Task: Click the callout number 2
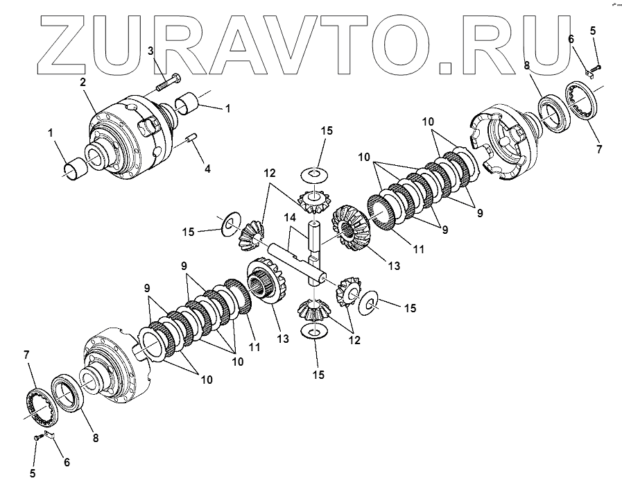pyautogui.click(x=82, y=82)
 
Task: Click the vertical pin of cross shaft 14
pyautogui.click(x=316, y=236)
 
